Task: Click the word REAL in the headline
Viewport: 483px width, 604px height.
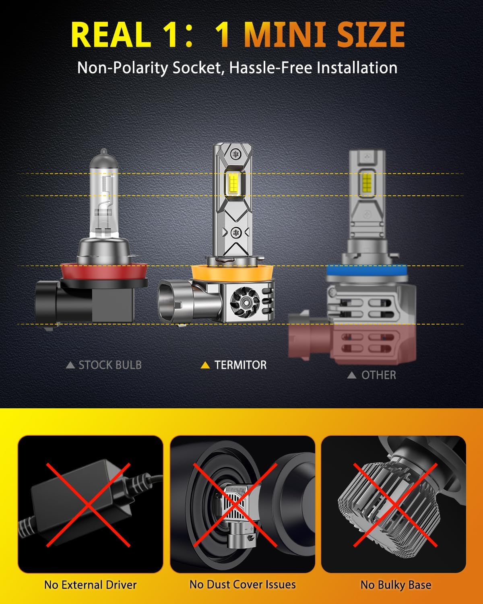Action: (111, 34)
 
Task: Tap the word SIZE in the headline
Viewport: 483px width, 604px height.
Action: (371, 34)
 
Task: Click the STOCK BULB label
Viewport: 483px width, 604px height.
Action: (110, 365)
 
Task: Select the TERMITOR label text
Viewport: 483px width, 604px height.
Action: (241, 365)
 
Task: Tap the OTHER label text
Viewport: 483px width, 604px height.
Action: (379, 375)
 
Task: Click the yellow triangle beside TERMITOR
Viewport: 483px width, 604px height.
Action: (205, 365)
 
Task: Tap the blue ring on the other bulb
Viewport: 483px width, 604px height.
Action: (367, 270)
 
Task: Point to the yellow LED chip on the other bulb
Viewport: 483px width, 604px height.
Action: (367, 180)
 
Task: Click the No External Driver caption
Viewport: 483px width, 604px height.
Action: (91, 585)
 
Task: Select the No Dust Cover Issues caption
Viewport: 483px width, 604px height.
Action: (242, 584)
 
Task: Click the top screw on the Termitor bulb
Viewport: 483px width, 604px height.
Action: (235, 154)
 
